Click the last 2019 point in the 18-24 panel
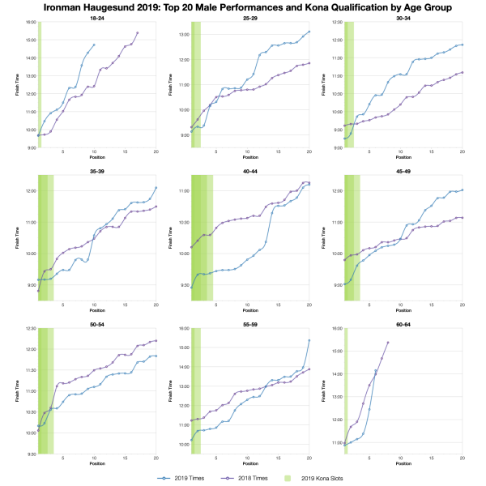94,45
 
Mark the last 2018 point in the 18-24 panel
138,33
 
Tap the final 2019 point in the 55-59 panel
309,340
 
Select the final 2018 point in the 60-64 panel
388,343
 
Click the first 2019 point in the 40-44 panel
192,288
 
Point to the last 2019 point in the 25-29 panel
309,32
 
